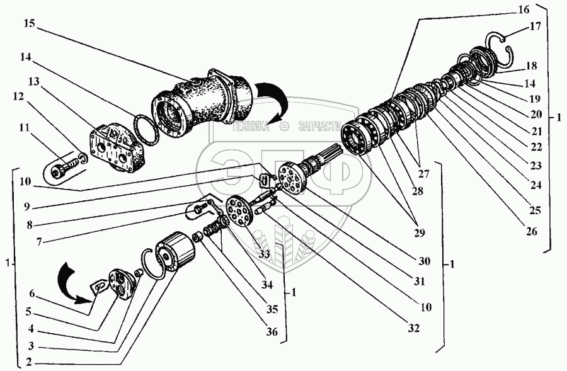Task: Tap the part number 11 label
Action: tap(24, 127)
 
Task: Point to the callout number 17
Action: tap(535, 26)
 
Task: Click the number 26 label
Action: tap(531, 231)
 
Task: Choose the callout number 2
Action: tap(29, 362)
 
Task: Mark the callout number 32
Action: tap(413, 328)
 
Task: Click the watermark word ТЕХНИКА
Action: tap(251, 127)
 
